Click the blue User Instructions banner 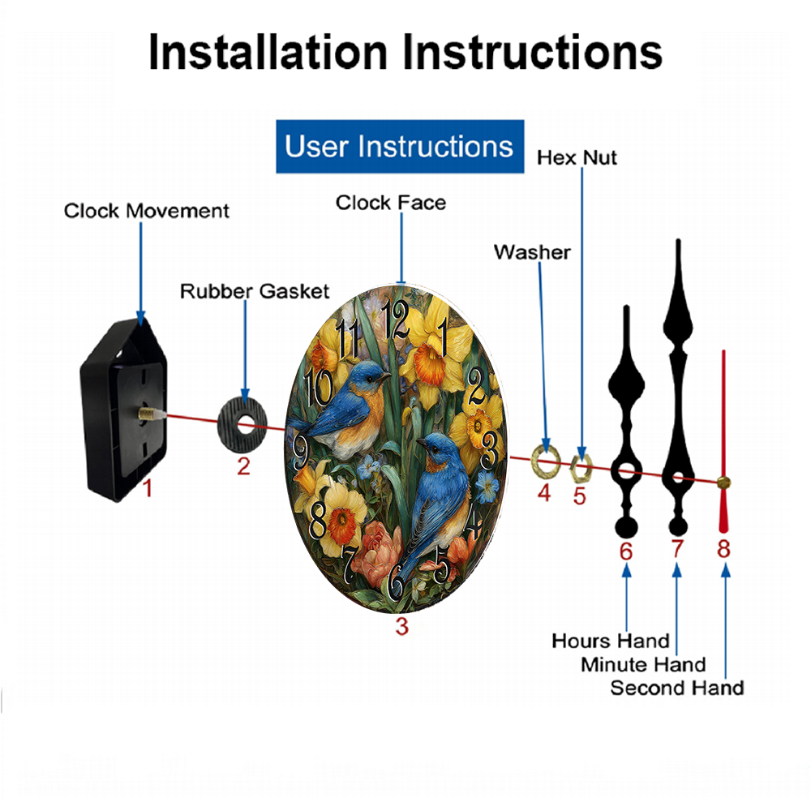point(400,146)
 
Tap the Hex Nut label point(577,158)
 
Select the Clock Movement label point(146,211)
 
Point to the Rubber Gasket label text point(255,291)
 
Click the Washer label point(532,252)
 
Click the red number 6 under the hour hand point(626,551)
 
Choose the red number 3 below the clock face point(402,626)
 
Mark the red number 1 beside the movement point(148,488)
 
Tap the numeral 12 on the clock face point(396,319)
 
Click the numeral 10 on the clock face point(318,387)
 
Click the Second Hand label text point(677,688)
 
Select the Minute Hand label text point(643,665)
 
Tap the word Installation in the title point(268,52)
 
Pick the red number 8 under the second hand point(723,549)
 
